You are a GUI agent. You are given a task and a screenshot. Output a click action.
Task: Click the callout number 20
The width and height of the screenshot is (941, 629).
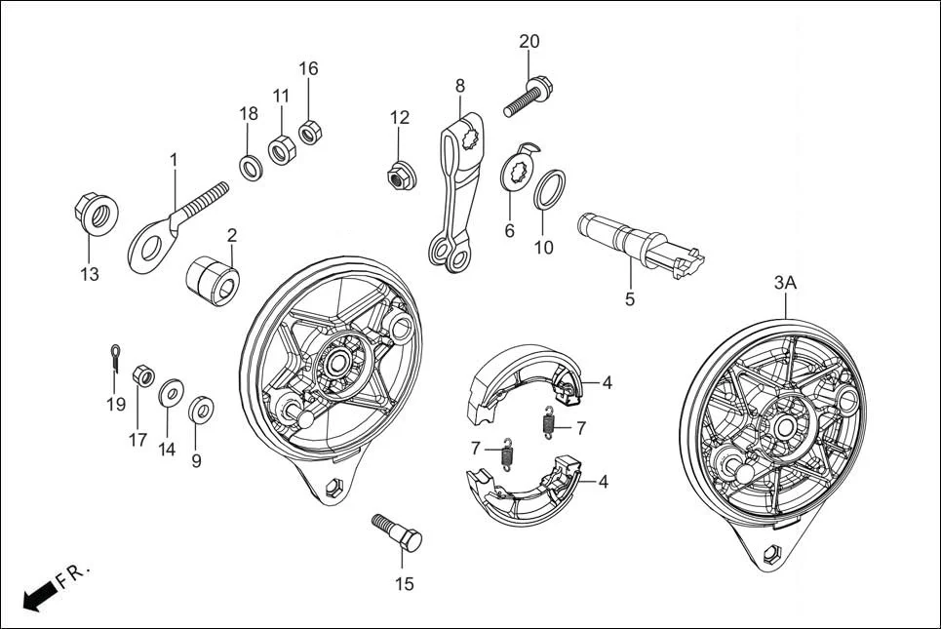click(529, 41)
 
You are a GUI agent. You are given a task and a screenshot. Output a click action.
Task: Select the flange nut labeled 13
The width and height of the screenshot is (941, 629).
click(96, 214)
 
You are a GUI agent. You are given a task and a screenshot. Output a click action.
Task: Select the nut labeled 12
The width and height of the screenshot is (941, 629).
click(396, 176)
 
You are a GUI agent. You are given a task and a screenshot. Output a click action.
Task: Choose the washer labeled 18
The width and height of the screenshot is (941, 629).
click(252, 167)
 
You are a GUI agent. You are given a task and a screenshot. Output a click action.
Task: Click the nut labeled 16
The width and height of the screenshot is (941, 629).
click(311, 131)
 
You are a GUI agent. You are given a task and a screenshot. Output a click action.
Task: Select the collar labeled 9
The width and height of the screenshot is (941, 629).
click(202, 408)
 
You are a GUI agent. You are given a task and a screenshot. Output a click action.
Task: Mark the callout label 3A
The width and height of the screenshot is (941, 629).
click(785, 283)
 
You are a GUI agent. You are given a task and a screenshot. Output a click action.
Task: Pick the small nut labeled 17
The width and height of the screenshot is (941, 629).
click(141, 374)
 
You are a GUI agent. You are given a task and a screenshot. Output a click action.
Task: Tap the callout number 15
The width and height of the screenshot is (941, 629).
click(404, 584)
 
